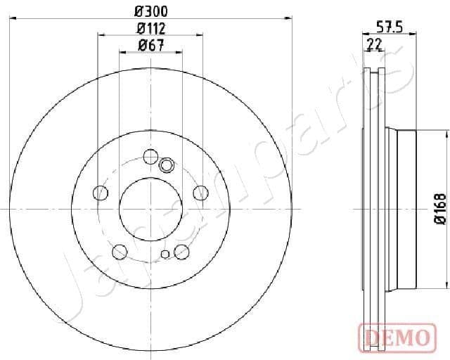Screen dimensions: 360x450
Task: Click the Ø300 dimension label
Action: coord(150,11)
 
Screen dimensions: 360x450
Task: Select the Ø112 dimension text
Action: coord(150,28)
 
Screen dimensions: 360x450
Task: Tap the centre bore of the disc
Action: coord(150,208)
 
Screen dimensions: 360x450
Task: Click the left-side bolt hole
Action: coord(101,193)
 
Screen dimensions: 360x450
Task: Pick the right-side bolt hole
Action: coord(201,193)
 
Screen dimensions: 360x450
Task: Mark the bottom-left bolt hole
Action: coord(120,251)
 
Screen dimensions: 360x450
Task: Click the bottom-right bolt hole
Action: coord(182,251)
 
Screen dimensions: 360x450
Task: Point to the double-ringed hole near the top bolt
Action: coord(167,165)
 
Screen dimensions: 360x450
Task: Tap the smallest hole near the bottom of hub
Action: coord(165,255)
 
